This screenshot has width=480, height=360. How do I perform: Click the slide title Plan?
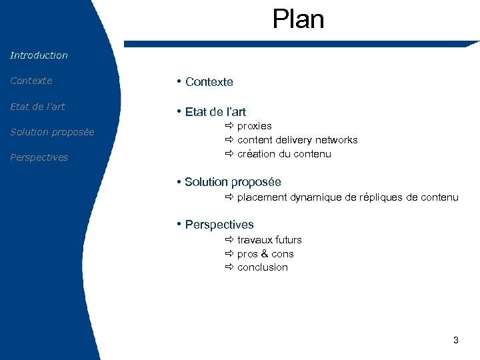click(298, 19)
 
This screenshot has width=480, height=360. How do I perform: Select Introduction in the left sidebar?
click(39, 55)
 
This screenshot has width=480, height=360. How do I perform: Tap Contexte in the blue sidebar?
click(31, 81)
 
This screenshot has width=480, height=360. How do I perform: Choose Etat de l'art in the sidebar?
click(37, 107)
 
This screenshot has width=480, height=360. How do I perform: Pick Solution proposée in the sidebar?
click(52, 132)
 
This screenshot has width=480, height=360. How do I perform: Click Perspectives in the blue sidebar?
click(39, 157)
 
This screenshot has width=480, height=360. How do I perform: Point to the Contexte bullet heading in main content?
click(209, 82)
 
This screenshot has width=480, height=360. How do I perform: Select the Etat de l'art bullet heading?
click(215, 112)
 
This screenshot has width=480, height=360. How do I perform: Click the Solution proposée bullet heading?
click(233, 182)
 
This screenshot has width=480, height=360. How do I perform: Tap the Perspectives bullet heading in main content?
click(219, 225)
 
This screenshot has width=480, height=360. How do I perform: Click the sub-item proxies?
click(254, 126)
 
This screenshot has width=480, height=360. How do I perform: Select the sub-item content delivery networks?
click(297, 140)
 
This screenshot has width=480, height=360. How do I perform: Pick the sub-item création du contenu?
click(284, 154)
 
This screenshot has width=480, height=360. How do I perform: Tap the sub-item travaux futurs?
click(269, 240)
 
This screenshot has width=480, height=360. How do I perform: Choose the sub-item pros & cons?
click(265, 254)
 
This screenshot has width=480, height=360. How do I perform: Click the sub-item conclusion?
click(263, 267)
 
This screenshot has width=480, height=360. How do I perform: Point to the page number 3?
click(455, 340)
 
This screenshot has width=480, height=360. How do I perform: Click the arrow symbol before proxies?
click(229, 126)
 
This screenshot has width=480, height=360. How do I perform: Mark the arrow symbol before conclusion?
click(229, 267)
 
